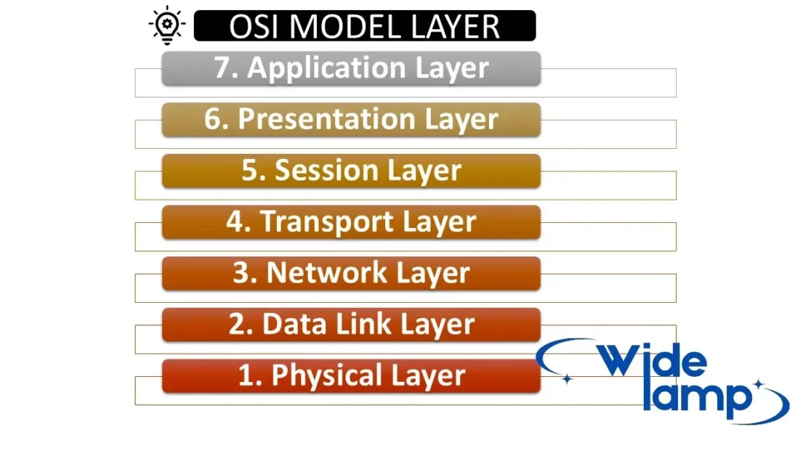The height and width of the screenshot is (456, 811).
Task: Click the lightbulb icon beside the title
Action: point(166,25)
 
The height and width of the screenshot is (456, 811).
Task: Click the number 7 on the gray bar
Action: point(223,68)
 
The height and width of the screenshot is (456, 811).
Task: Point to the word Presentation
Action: point(327,119)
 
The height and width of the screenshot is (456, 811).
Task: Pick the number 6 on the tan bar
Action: point(213,119)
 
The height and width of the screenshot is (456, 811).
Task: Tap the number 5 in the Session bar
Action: point(250,170)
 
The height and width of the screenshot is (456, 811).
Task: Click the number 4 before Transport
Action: point(235,221)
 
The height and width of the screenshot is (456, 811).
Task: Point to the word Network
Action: point(326,272)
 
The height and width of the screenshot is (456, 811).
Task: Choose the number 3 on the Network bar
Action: point(241,272)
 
